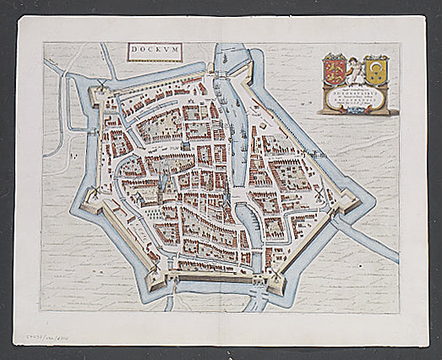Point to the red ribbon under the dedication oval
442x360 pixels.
pyautogui.click(x=355, y=112)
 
